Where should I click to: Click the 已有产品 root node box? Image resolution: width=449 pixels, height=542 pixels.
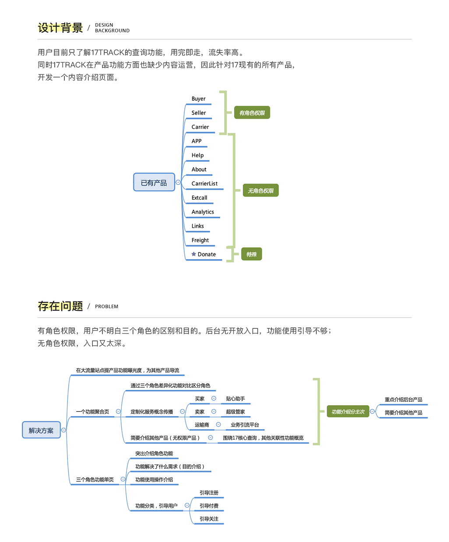[154, 182]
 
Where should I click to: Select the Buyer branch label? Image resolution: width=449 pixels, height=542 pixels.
[198, 99]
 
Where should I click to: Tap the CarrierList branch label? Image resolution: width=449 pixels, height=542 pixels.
[204, 184]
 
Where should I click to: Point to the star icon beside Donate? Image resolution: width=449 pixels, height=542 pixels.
[193, 254]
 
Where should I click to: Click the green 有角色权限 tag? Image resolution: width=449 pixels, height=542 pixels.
[252, 113]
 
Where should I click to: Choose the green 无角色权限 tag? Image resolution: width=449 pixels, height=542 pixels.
[261, 191]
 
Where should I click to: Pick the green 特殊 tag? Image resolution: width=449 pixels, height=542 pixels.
[252, 254]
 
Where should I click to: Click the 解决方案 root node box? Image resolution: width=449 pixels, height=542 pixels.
[41, 430]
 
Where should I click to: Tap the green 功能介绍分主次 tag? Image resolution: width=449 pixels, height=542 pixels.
[348, 411]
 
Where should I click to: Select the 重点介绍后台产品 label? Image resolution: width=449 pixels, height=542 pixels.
[403, 400]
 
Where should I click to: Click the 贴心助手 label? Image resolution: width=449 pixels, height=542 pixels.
[235, 399]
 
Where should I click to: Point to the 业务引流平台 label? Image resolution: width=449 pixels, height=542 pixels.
[245, 425]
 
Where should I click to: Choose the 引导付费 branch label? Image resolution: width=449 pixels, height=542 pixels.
[209, 506]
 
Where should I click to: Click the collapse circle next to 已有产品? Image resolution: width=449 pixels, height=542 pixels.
[178, 182]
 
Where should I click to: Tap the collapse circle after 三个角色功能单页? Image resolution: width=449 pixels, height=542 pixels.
[123, 479]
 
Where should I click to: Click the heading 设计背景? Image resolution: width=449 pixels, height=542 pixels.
[60, 28]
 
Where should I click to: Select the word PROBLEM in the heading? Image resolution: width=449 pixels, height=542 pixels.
[106, 306]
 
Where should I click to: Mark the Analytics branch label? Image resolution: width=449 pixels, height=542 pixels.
[203, 212]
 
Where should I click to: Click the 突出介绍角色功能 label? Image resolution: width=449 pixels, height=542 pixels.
[154, 453]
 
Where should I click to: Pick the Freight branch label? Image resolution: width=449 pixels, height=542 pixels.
[200, 240]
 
